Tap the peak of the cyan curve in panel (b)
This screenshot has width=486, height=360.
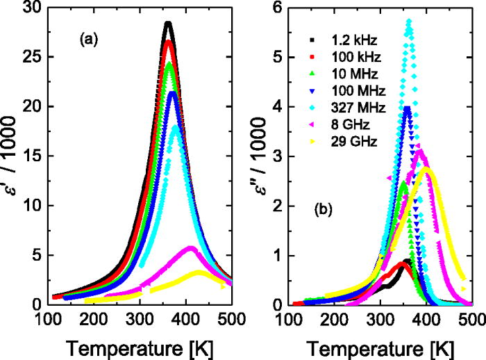(x=409, y=22)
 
